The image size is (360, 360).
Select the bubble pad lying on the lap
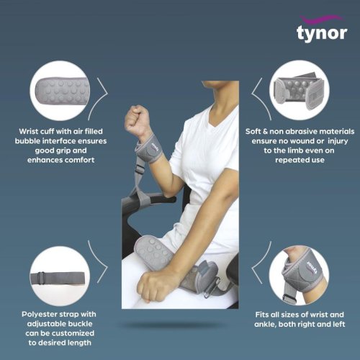[x=153, y=253]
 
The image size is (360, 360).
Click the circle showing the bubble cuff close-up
[x=60, y=91]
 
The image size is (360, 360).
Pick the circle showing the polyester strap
[x=60, y=276]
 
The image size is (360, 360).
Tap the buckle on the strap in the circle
[x=41, y=278]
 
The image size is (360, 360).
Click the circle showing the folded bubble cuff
[x=300, y=90]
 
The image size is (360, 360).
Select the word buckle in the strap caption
[x=81, y=324]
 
